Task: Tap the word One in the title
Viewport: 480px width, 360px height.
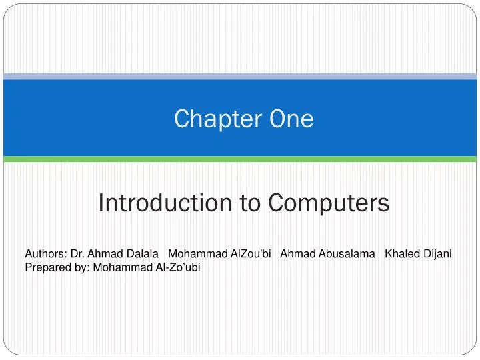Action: pyautogui.click(x=291, y=119)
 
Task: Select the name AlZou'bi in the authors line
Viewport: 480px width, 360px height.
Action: pyautogui.click(x=250, y=253)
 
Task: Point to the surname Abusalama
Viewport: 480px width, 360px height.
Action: pyautogui.click(x=343, y=253)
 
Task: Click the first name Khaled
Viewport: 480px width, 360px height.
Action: pyautogui.click(x=402, y=253)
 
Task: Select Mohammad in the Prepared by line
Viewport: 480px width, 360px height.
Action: pyautogui.click(x=121, y=267)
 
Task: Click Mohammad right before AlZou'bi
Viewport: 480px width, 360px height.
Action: pyautogui.click(x=197, y=253)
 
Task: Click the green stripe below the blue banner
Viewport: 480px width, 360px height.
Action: pyautogui.click(x=240, y=159)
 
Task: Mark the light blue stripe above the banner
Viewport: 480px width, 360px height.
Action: pyautogui.click(x=240, y=77)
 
